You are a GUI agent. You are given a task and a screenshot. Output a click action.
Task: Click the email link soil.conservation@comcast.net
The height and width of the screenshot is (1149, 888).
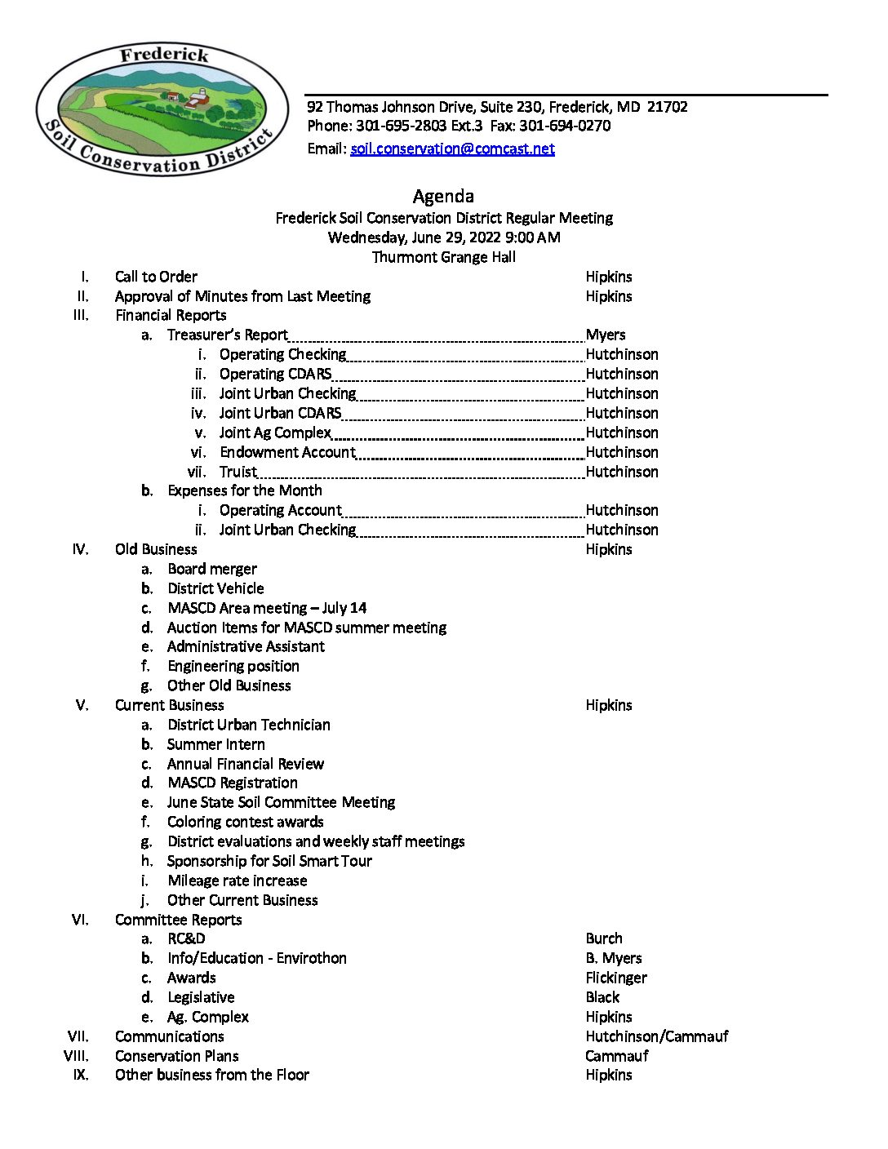coord(452,149)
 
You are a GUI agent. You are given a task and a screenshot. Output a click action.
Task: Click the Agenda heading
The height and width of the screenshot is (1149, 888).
coord(443,196)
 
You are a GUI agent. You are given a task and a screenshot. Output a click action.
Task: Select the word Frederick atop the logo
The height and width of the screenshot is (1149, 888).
coord(164,55)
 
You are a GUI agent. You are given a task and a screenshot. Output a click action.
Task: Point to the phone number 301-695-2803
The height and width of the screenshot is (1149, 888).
coord(401,126)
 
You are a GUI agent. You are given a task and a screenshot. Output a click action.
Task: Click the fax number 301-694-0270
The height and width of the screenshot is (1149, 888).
coord(565,126)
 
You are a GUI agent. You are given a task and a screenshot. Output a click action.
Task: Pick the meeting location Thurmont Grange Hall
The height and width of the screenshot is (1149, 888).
coord(443,257)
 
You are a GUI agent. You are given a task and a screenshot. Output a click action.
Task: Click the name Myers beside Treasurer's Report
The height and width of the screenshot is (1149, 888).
coord(606,335)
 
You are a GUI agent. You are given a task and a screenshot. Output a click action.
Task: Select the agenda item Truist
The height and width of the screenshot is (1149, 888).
coord(238,472)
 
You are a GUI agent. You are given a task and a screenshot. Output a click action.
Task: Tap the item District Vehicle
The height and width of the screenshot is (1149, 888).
coord(215,588)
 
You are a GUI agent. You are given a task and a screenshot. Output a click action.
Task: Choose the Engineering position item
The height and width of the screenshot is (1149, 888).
coord(233,666)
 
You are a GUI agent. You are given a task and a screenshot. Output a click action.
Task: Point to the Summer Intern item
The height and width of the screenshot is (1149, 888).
coord(215,744)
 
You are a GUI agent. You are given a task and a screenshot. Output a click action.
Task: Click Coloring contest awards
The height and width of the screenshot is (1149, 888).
coord(245,822)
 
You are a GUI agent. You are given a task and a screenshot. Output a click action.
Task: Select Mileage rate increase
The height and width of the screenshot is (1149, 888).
coord(237,881)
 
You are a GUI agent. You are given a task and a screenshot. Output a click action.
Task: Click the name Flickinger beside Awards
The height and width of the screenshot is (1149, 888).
coord(616,978)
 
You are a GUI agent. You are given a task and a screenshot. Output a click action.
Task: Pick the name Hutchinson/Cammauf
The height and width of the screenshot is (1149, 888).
coord(657,1036)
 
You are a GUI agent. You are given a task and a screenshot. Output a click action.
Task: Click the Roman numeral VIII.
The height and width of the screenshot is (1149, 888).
coord(77,1056)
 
